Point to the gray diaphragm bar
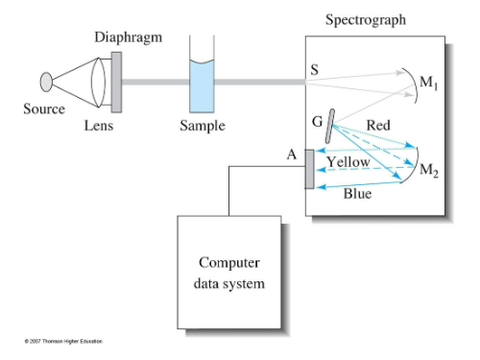pyautogui.click(x=116, y=75)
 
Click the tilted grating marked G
pyautogui.click(x=329, y=126)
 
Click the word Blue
pyautogui.click(x=358, y=193)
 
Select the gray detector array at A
pyautogui.click(x=309, y=169)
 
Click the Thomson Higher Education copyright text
pyautogui.click(x=63, y=341)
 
